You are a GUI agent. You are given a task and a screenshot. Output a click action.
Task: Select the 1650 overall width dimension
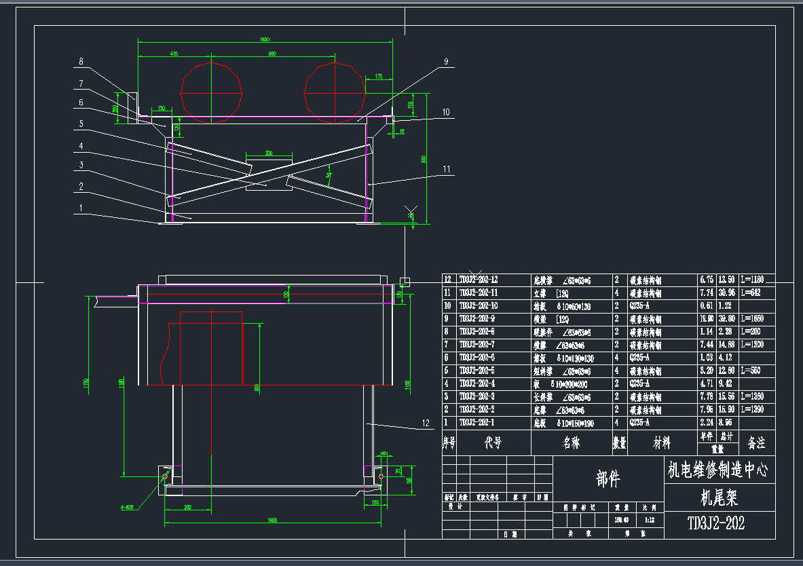click(x=265, y=39)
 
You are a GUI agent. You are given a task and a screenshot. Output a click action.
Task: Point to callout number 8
click(x=81, y=62)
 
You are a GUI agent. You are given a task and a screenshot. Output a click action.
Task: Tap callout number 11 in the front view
click(x=446, y=168)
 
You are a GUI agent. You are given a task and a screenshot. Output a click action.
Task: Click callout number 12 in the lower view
click(x=426, y=423)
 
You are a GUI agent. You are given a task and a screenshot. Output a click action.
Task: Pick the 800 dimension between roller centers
click(x=272, y=53)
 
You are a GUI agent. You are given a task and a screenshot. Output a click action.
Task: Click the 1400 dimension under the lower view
click(x=272, y=521)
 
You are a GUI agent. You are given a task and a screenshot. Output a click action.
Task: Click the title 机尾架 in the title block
click(x=719, y=498)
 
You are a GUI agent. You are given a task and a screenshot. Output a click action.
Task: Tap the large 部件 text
click(x=608, y=479)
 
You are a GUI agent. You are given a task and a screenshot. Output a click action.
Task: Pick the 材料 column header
click(x=662, y=442)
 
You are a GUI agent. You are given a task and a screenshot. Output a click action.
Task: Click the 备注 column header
click(x=756, y=442)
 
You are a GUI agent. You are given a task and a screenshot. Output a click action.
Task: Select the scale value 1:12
click(x=650, y=519)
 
